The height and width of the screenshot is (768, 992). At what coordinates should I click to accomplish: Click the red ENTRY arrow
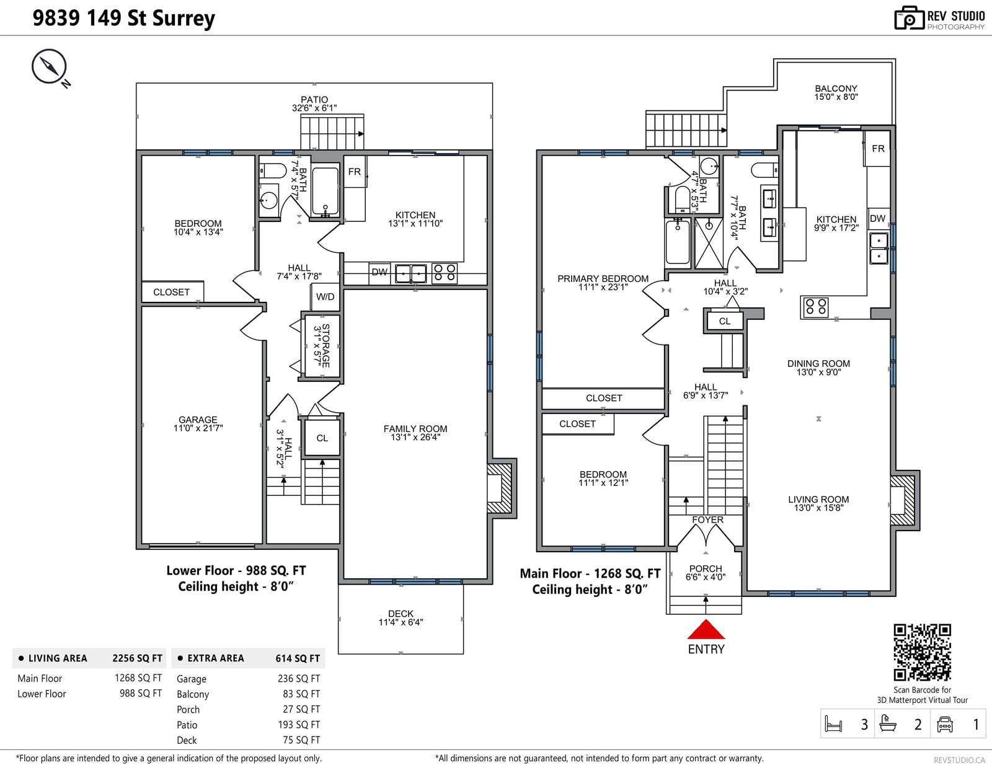point(706,629)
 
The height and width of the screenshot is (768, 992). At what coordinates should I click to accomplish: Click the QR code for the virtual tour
point(922,653)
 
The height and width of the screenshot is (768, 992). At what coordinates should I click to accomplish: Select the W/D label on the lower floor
point(325,297)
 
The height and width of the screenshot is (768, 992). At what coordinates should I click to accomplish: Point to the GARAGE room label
point(198,420)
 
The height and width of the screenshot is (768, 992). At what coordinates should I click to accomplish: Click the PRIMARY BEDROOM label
point(603,278)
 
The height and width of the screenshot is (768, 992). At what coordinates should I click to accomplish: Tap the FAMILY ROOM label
point(415,428)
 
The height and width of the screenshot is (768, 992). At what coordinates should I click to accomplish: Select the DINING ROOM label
point(818,363)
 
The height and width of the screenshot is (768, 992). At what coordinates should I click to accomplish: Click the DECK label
point(401,613)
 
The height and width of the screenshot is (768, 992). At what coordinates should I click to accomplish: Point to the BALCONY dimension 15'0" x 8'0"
point(836,97)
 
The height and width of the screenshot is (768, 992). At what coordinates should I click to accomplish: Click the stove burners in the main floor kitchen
point(816,307)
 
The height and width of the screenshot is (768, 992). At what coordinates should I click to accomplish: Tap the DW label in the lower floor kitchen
point(379,272)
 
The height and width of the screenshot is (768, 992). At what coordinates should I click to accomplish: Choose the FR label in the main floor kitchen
point(878,148)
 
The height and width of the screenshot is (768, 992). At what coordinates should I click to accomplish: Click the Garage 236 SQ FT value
point(299,679)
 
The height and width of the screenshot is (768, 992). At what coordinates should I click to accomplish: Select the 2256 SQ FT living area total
point(137,658)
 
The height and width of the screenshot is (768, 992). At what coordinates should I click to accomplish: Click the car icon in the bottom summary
point(944,724)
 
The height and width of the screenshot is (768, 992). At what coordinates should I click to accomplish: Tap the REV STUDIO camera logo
point(909,18)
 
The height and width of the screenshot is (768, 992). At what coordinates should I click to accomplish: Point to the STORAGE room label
point(325,345)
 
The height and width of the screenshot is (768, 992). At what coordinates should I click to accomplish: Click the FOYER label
point(707,519)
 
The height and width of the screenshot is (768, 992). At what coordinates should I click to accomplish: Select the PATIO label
point(314,99)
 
